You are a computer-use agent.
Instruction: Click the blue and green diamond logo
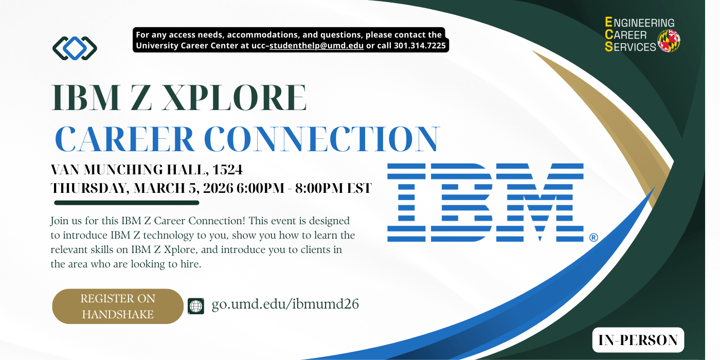click(75, 48)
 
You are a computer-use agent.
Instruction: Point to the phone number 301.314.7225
click(420, 46)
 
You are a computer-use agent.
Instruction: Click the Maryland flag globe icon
click(669, 41)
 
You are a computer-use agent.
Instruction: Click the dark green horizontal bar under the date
click(126, 203)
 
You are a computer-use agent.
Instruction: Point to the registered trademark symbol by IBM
click(593, 238)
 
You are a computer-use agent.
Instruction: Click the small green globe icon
click(196, 305)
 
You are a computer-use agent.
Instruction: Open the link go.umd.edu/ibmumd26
click(285, 304)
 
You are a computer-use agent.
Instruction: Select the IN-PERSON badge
click(638, 340)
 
